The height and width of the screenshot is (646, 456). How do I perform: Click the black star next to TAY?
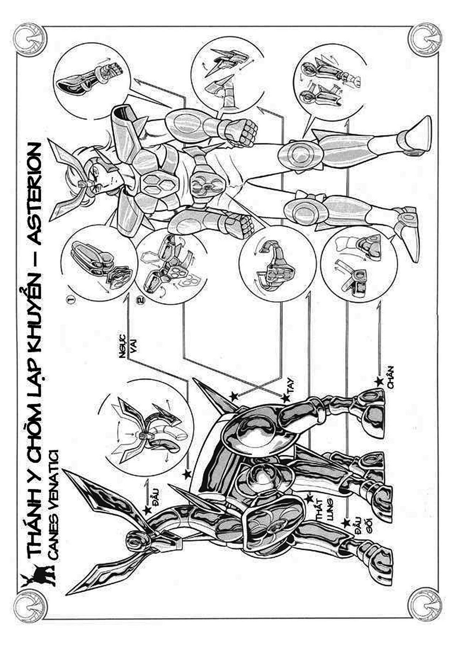tap(285, 397)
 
